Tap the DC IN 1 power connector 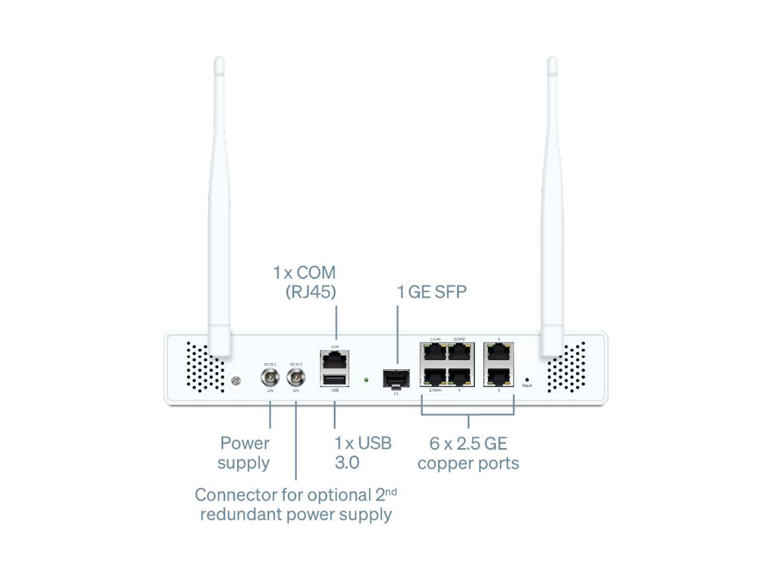tap(270, 378)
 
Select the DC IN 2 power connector tap(296, 378)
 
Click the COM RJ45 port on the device tap(335, 361)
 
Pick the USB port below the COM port tap(335, 379)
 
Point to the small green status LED tap(366, 380)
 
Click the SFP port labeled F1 tap(396, 379)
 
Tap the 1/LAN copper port tap(434, 352)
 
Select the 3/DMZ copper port tap(460, 352)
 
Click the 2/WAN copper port tap(434, 378)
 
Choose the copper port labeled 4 tap(460, 378)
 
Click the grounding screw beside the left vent tap(236, 381)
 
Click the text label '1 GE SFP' tap(431, 292)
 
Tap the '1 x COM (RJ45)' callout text tap(305, 282)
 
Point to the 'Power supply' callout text tap(244, 453)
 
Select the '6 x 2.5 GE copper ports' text tap(468, 454)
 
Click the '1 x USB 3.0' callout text tap(362, 453)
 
